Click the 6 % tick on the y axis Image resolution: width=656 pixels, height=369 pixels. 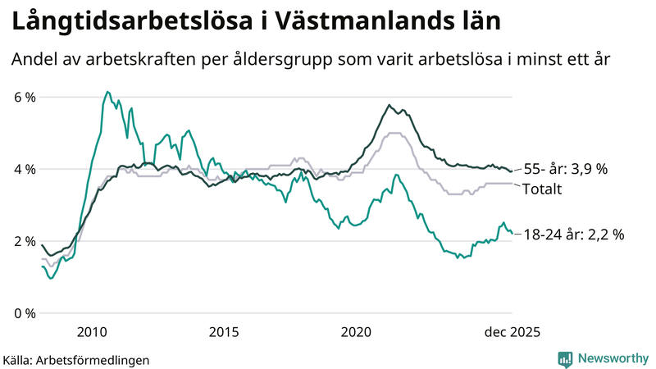click(25, 98)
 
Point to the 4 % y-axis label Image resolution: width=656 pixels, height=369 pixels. click(25, 170)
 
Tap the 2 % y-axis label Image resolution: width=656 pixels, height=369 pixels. click(25, 242)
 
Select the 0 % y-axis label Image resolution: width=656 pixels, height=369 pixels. click(25, 314)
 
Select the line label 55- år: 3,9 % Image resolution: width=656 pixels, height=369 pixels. click(567, 169)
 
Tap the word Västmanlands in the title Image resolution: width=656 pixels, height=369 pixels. click(360, 22)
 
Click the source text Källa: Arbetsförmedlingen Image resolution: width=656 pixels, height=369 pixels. click(76, 359)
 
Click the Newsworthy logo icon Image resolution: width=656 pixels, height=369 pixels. click(565, 358)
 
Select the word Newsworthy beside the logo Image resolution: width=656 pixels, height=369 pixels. click(612, 358)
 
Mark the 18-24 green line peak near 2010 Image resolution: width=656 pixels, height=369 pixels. click(107, 92)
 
